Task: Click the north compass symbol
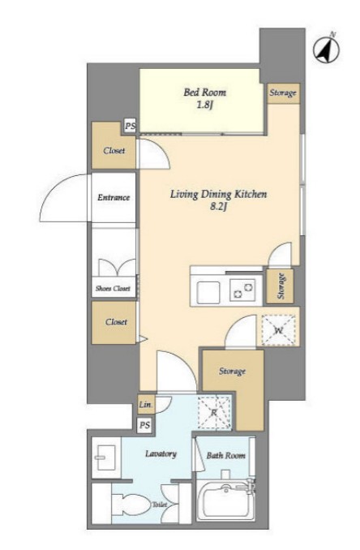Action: [x=326, y=49]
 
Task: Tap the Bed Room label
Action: [x=205, y=92]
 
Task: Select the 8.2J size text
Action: [x=219, y=207]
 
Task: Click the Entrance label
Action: [x=114, y=197]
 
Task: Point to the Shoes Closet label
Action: [x=113, y=288]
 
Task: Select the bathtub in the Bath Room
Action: [x=225, y=501]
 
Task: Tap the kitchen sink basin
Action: [x=208, y=292]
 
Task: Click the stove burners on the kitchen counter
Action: [x=242, y=290]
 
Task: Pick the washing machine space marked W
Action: [x=279, y=330]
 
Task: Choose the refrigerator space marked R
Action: [x=214, y=412]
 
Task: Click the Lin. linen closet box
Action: [x=145, y=405]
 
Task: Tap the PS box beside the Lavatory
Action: [x=145, y=425]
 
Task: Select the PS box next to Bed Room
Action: [x=130, y=127]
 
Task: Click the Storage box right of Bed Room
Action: [x=284, y=93]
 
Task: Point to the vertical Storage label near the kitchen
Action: [x=281, y=286]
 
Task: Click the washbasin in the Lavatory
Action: [x=106, y=457]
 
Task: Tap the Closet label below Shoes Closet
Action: [x=116, y=322]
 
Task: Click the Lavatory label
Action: [x=161, y=454]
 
